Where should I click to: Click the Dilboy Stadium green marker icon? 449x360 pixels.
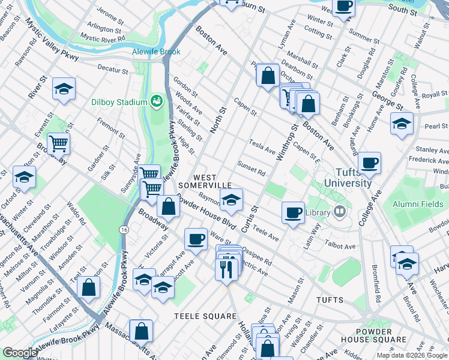(157, 101)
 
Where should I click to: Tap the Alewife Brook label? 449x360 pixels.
(156, 52)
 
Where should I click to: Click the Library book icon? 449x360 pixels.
(340, 212)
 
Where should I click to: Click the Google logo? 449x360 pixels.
(20, 352)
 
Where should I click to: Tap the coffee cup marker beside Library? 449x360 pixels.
(293, 212)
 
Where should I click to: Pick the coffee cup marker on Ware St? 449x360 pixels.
(196, 239)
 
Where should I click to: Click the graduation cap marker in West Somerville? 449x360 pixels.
(231, 200)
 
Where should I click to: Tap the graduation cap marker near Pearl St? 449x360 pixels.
(402, 123)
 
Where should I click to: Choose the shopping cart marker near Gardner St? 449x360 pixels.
(58, 143)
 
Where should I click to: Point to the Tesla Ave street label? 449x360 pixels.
(262, 146)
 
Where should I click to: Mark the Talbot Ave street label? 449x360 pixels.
(341, 246)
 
